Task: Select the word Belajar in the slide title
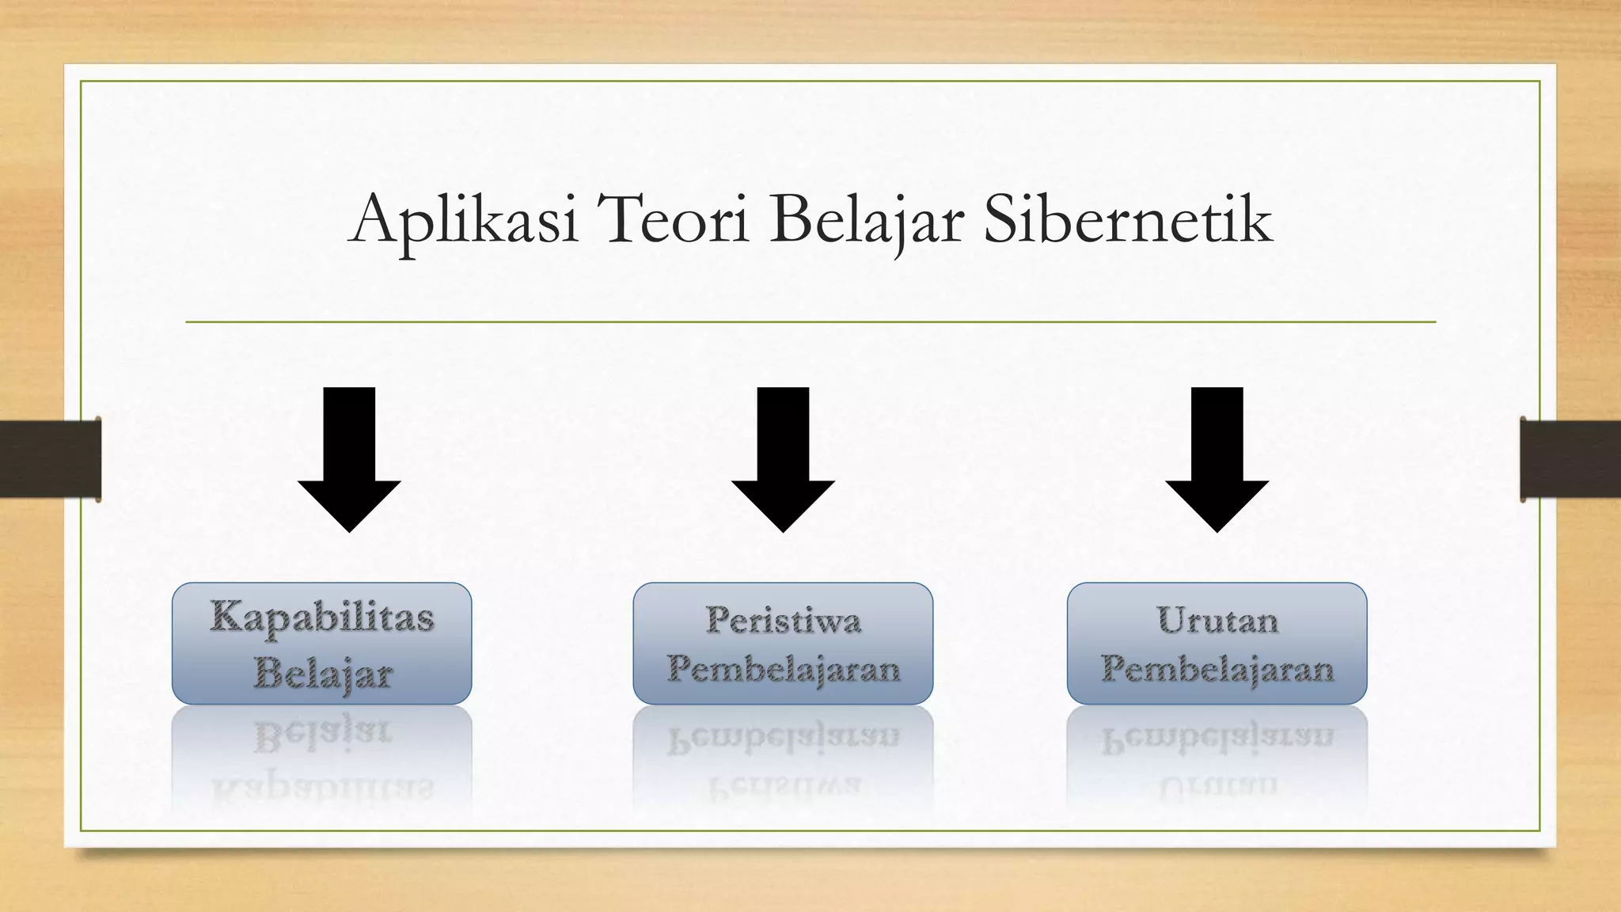(866, 220)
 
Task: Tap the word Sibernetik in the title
(1127, 219)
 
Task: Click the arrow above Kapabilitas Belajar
(349, 459)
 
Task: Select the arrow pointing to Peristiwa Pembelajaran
(783, 459)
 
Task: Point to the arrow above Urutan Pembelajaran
(1217, 459)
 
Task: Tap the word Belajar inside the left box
(323, 674)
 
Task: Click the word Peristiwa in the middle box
(783, 620)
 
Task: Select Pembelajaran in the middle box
(783, 670)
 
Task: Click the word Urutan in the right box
(1217, 620)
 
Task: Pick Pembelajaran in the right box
(1217, 670)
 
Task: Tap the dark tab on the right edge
(1570, 459)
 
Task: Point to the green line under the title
(810, 322)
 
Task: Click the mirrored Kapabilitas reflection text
(322, 788)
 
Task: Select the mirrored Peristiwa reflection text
(783, 786)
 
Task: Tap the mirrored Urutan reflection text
(1217, 786)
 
